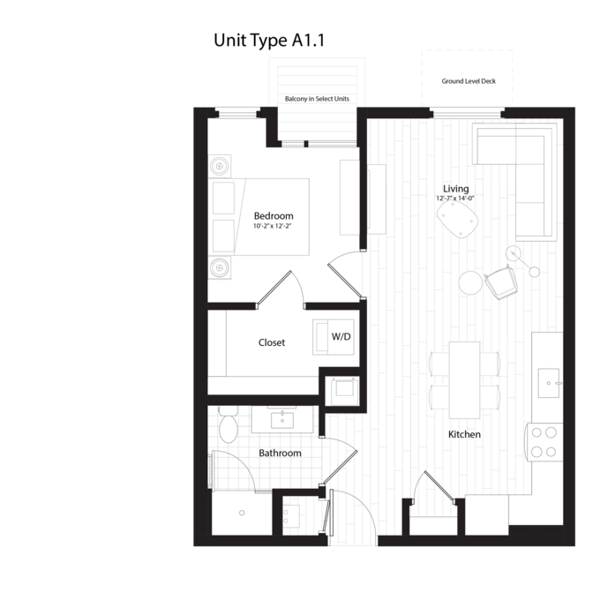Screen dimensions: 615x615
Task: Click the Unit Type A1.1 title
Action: pyautogui.click(x=269, y=41)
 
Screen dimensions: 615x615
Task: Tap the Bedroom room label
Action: pyautogui.click(x=274, y=215)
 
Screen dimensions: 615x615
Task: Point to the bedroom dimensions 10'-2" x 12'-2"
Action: pyautogui.click(x=273, y=226)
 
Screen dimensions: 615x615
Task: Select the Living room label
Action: pyautogui.click(x=456, y=189)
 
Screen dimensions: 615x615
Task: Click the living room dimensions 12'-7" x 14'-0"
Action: pyautogui.click(x=455, y=199)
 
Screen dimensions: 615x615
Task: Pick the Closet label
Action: pyautogui.click(x=272, y=342)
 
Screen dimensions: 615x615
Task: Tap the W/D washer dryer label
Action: pyautogui.click(x=341, y=336)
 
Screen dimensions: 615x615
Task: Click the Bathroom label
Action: pyautogui.click(x=280, y=453)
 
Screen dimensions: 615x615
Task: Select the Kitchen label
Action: pyautogui.click(x=464, y=435)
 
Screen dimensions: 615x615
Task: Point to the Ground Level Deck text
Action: pyautogui.click(x=469, y=81)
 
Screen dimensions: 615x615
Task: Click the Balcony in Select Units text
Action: pyautogui.click(x=317, y=99)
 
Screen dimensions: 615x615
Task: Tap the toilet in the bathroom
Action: pyautogui.click(x=229, y=424)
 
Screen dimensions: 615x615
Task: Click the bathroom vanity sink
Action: pyautogui.click(x=282, y=421)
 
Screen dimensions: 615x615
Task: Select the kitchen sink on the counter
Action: pyautogui.click(x=549, y=383)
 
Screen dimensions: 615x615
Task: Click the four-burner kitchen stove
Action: pyautogui.click(x=544, y=442)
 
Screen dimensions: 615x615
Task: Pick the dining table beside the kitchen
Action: pyautogui.click(x=465, y=380)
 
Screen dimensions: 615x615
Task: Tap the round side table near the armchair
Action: pyautogui.click(x=470, y=282)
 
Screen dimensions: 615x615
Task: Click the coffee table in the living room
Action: pyautogui.click(x=458, y=220)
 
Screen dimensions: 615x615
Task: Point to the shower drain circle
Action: pyautogui.click(x=242, y=513)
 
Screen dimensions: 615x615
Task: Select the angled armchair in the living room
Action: pyautogui.click(x=501, y=281)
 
